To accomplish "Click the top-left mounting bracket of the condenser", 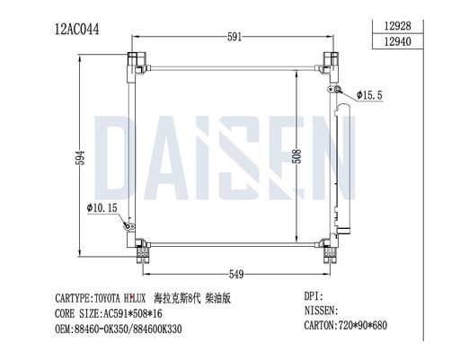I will pos(137,64).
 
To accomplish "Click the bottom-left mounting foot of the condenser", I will pos(141,253).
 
